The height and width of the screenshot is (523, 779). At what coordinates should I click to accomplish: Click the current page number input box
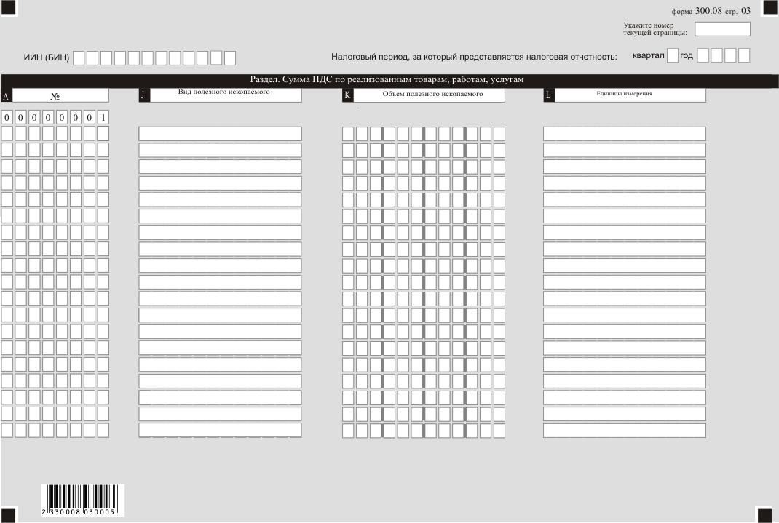(x=722, y=29)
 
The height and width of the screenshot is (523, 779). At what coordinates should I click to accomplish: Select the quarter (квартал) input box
(x=673, y=56)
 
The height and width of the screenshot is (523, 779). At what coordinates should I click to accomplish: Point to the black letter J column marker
(x=143, y=95)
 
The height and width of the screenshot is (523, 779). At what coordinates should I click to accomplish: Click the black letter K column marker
(x=347, y=95)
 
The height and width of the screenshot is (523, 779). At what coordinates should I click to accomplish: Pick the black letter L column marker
(x=548, y=95)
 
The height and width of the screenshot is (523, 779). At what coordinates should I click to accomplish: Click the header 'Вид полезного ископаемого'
(x=224, y=92)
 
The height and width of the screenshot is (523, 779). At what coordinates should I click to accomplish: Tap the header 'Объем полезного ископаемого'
(x=432, y=95)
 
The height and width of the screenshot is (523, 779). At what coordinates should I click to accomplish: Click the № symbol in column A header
(x=55, y=96)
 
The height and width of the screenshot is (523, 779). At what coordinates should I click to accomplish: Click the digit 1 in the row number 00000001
(x=103, y=117)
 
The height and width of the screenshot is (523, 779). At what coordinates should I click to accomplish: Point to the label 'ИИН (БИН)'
(x=47, y=57)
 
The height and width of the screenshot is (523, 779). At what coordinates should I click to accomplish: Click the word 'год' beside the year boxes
(x=687, y=56)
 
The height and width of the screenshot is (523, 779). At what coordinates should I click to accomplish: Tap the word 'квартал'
(x=649, y=56)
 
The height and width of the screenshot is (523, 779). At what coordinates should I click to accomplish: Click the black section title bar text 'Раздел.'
(x=266, y=80)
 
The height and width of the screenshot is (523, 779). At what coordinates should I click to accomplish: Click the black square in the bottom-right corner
(x=764, y=515)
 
